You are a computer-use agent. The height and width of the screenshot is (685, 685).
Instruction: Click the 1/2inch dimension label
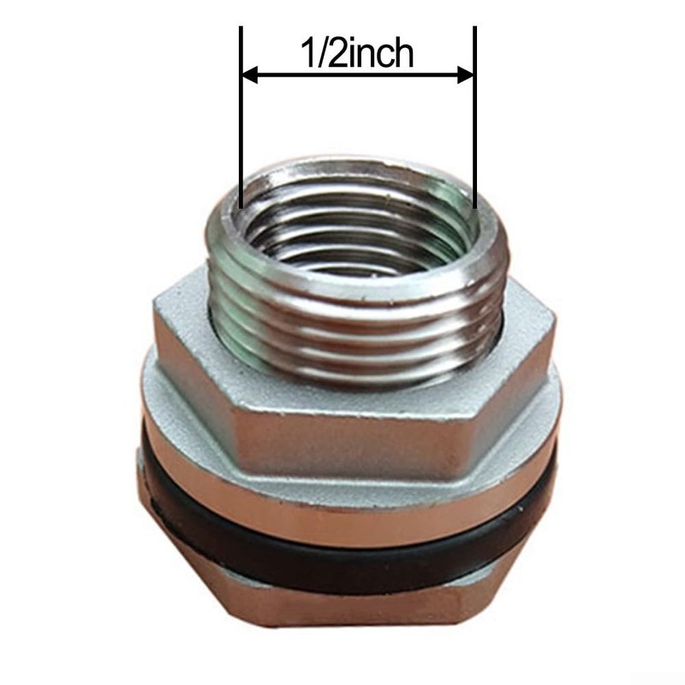tap(357, 53)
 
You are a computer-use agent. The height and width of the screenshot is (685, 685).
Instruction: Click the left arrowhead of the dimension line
tap(249, 75)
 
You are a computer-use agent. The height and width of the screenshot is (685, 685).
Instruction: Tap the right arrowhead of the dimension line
tap(466, 75)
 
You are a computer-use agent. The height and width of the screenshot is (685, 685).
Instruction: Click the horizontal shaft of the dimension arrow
tap(357, 75)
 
